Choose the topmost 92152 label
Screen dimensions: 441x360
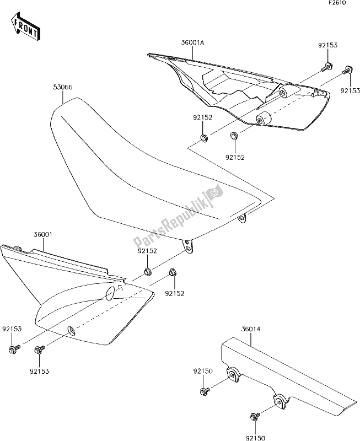tap(203, 117)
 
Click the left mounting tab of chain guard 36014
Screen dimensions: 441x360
tap(234, 375)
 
